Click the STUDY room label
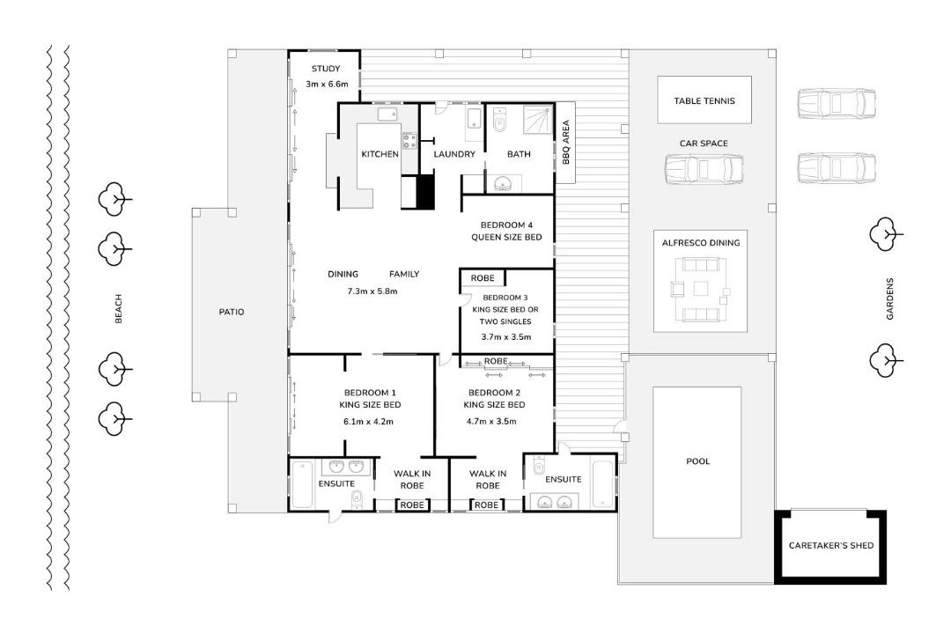(x=326, y=69)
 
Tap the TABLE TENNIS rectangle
(x=704, y=100)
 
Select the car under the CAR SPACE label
(x=704, y=169)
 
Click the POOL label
(x=697, y=461)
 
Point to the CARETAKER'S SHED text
(x=831, y=545)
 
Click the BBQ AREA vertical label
(x=565, y=142)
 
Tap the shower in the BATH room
(x=538, y=120)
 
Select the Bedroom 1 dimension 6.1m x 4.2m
(x=368, y=422)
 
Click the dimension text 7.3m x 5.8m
(x=372, y=291)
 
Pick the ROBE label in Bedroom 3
(x=483, y=278)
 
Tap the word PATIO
(x=231, y=312)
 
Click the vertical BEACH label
(x=118, y=308)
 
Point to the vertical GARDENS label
(x=889, y=299)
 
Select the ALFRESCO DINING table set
(x=701, y=289)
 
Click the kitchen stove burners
(x=409, y=142)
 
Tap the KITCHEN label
(x=380, y=154)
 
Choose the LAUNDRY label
(x=454, y=154)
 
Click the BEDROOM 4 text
(x=506, y=225)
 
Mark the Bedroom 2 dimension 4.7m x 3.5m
(x=491, y=422)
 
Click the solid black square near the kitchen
(x=426, y=192)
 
